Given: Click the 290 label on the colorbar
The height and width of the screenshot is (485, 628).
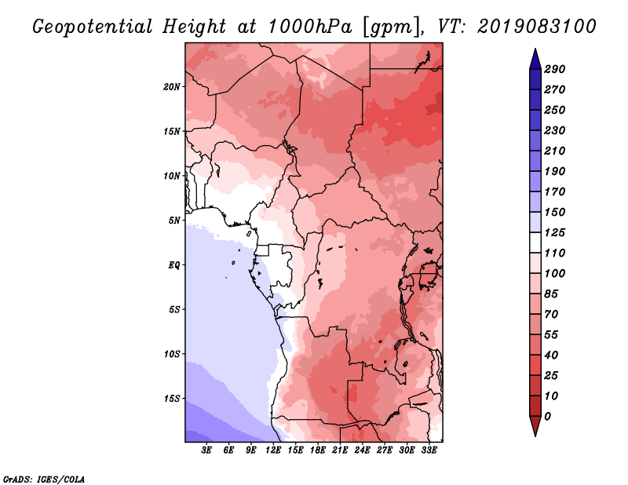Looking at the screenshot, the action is [x=554, y=69].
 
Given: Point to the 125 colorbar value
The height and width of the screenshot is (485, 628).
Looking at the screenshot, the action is [x=554, y=232].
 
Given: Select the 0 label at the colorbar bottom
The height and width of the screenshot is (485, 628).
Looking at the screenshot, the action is [x=547, y=416].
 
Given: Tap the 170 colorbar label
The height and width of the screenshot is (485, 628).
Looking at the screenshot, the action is [x=554, y=191].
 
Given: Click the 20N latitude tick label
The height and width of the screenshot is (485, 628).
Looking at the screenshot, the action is [x=172, y=87].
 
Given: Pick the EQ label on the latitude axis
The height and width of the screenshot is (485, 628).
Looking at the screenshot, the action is [x=174, y=265].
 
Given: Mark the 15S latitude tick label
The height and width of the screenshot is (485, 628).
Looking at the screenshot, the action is [x=172, y=399].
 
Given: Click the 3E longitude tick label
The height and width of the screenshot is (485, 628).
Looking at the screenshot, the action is [x=206, y=450].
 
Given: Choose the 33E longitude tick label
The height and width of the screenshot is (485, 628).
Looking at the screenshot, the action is [x=429, y=450].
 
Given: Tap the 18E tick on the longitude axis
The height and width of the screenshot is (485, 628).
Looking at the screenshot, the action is [x=318, y=450].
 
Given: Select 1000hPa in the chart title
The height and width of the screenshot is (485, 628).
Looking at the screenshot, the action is [x=309, y=27].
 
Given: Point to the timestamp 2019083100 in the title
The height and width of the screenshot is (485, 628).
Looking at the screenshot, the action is [x=537, y=27].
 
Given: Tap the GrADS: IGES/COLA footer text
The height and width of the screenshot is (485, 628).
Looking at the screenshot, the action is [x=44, y=480].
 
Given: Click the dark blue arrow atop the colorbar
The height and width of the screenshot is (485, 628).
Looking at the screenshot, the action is [x=535, y=59].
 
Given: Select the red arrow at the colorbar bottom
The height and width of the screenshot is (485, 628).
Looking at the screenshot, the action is [x=535, y=426].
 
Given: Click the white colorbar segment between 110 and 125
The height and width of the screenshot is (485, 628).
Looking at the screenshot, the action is [x=535, y=242].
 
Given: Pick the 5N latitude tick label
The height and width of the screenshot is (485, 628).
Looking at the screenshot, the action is [x=174, y=221].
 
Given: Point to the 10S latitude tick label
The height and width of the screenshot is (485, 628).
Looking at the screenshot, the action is [x=172, y=354].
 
